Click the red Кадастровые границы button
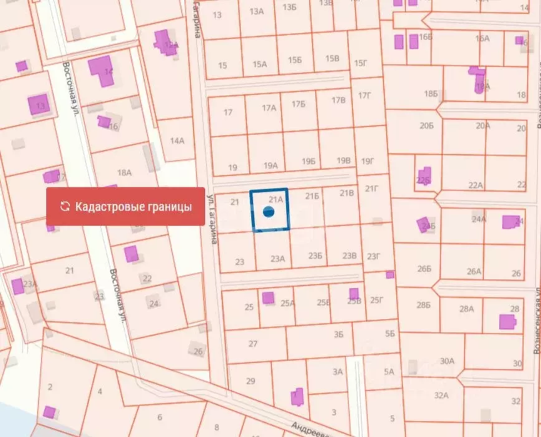pos(125,206)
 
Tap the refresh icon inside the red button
pos(64,206)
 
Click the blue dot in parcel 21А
pos(269,212)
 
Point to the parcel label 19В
pos(343,161)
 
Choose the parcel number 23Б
pos(316,256)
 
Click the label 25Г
pos(377,300)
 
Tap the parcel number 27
pos(252,343)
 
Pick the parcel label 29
pos(251,381)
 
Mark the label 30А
pos(447,361)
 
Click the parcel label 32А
pos(442,395)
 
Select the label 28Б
pos(424,305)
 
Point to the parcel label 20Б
pos(426,126)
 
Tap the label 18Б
pos(431,94)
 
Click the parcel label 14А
pos(177,141)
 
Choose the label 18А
pos(125,173)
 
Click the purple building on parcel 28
pos(507,322)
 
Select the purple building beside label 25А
pos(268,298)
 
